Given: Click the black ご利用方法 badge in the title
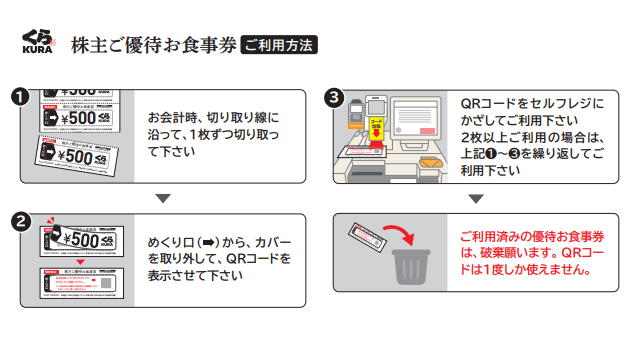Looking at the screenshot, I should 280,46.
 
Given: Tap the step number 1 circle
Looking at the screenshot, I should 18,98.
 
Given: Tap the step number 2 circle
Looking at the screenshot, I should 18,220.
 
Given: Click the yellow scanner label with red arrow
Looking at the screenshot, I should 377,125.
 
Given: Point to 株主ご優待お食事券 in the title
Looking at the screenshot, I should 153,46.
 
